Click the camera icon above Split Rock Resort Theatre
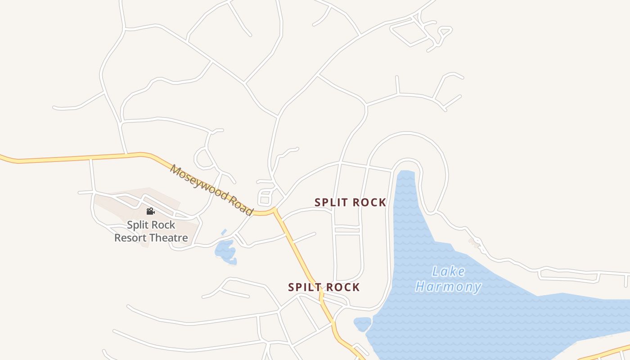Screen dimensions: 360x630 tap(150, 211)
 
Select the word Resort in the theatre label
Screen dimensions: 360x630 tap(130, 238)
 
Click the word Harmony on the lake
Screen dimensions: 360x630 tap(448, 287)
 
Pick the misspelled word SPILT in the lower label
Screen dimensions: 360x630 tap(304, 287)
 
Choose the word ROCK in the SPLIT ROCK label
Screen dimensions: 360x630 tap(369, 202)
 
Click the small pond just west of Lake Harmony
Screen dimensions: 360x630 tap(362, 324)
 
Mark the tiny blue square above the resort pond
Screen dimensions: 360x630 tap(224, 232)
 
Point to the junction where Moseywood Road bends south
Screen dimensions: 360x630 tap(274, 210)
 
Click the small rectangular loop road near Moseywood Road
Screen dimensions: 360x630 tap(265, 198)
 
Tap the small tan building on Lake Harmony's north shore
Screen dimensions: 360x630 tap(473, 243)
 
